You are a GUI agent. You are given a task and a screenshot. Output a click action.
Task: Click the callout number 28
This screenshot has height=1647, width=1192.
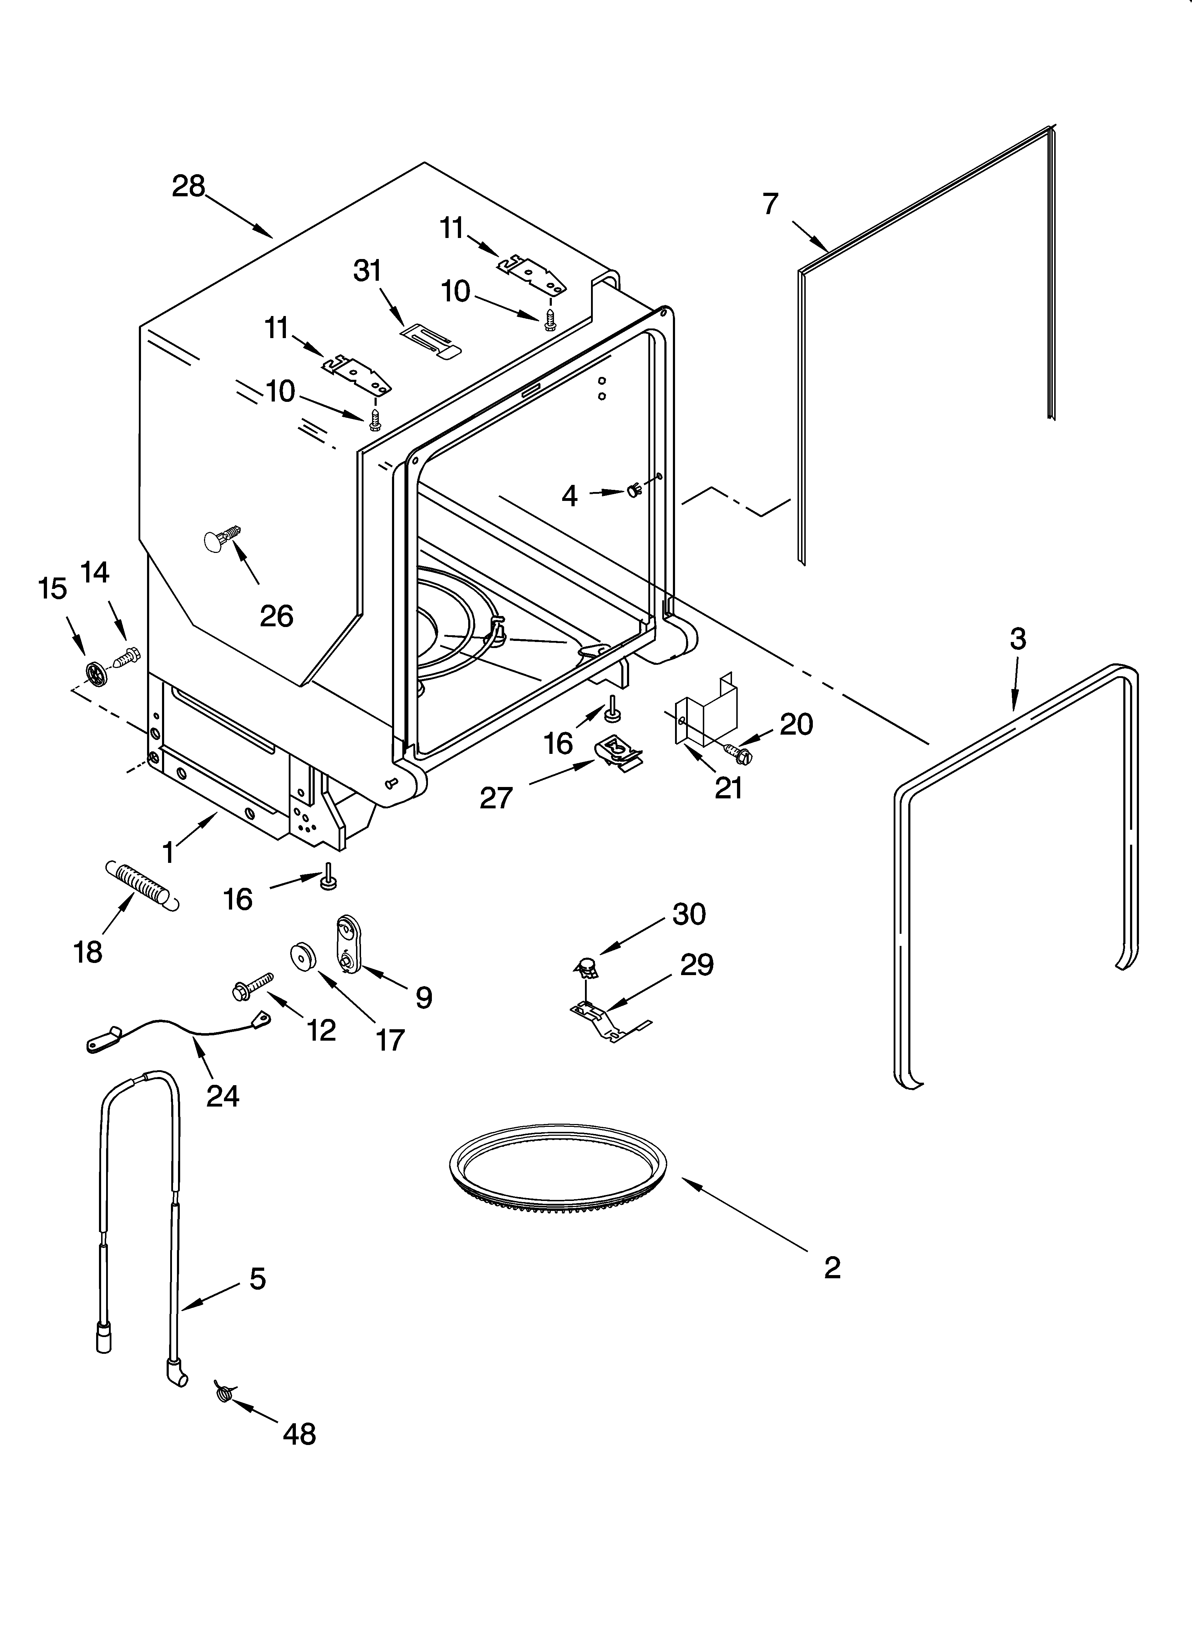[x=188, y=187]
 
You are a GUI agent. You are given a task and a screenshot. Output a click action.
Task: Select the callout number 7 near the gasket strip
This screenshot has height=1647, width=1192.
[x=770, y=204]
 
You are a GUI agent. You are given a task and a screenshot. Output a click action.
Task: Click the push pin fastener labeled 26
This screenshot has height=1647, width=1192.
[x=221, y=540]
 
